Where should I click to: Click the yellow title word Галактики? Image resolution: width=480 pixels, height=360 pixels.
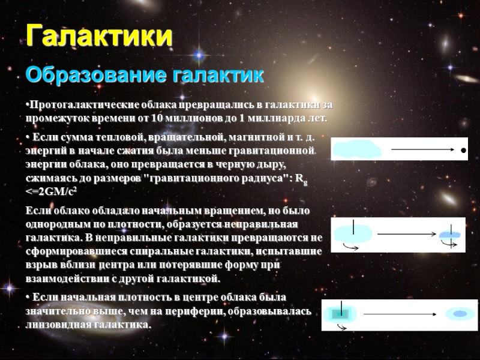pos(100,36)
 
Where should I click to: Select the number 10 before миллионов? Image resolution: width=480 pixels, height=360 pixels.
pos(157,117)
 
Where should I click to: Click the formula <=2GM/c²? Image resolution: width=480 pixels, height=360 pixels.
pos(52,191)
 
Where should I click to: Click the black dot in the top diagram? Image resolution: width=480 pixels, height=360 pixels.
pos(463,150)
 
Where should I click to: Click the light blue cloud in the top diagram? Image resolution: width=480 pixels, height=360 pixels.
pos(356,149)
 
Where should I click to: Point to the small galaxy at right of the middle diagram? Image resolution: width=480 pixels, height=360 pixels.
pos(451,235)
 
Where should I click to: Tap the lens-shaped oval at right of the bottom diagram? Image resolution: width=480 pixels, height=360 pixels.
pos(460,314)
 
